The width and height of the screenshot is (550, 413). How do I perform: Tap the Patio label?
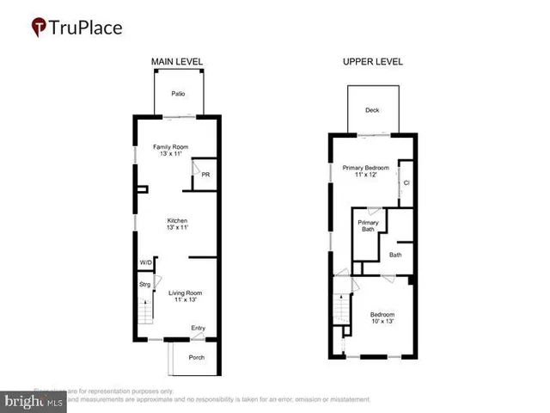click(178, 93)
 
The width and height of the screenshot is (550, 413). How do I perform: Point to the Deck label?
click(371, 110)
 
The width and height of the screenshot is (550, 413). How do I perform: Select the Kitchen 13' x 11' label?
click(176, 224)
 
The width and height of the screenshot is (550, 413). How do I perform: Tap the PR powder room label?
click(205, 175)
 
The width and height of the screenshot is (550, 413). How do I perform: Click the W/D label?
click(145, 263)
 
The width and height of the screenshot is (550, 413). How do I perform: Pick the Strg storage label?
click(144, 284)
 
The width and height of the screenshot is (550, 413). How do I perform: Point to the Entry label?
click(199, 327)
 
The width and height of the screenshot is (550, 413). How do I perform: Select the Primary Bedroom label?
click(365, 171)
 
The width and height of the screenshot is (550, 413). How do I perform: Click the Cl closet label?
click(406, 182)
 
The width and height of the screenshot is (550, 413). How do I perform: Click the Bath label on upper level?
click(395, 255)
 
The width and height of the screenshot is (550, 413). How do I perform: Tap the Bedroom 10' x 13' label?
click(382, 317)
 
